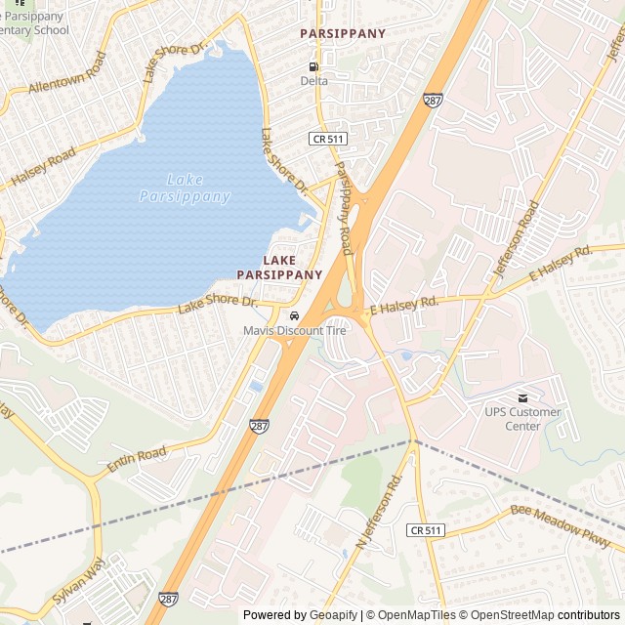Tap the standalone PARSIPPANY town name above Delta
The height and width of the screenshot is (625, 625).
tap(342, 33)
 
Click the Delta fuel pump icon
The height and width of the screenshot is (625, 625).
tap(313, 65)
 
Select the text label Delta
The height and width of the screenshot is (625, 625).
tap(313, 81)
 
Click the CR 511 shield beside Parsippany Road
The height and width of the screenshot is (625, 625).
tap(328, 140)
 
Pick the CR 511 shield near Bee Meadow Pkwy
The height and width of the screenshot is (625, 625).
tap(426, 529)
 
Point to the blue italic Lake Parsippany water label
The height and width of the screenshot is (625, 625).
tap(185, 187)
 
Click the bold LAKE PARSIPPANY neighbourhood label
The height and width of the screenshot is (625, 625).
tap(279, 268)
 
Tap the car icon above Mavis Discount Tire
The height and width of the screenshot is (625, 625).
tap(294, 315)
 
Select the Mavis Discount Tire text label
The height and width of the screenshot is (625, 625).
tap(295, 331)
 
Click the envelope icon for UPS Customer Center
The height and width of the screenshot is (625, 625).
tap(522, 397)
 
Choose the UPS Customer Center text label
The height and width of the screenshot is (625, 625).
tap(523, 419)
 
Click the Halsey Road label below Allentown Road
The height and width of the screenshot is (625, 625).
tap(43, 169)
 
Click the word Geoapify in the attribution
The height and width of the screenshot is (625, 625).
tap(334, 615)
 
